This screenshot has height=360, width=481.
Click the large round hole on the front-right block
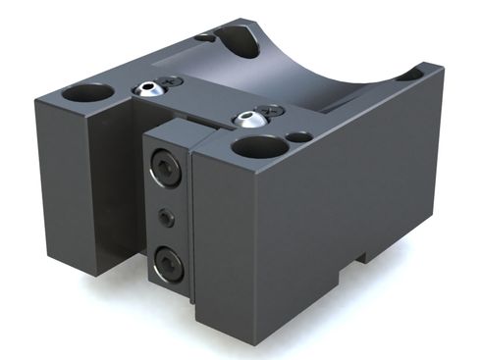260,150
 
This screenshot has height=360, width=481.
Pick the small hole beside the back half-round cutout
204,37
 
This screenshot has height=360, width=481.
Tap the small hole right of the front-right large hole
302,137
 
